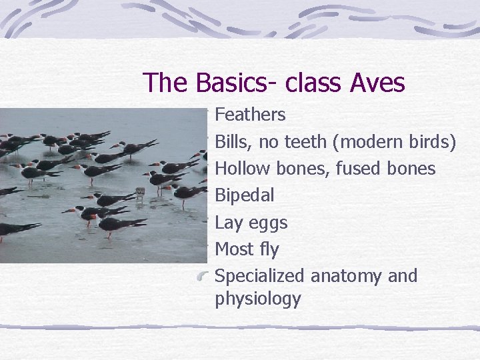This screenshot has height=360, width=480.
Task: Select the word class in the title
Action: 308,83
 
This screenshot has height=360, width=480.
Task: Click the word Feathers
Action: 250,115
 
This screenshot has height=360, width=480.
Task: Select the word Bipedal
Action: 245,196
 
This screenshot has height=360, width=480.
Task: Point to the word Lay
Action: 228,223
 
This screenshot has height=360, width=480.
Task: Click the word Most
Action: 235,249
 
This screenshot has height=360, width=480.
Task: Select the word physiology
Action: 258,299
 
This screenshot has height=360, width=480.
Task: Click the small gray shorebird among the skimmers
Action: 139,193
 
